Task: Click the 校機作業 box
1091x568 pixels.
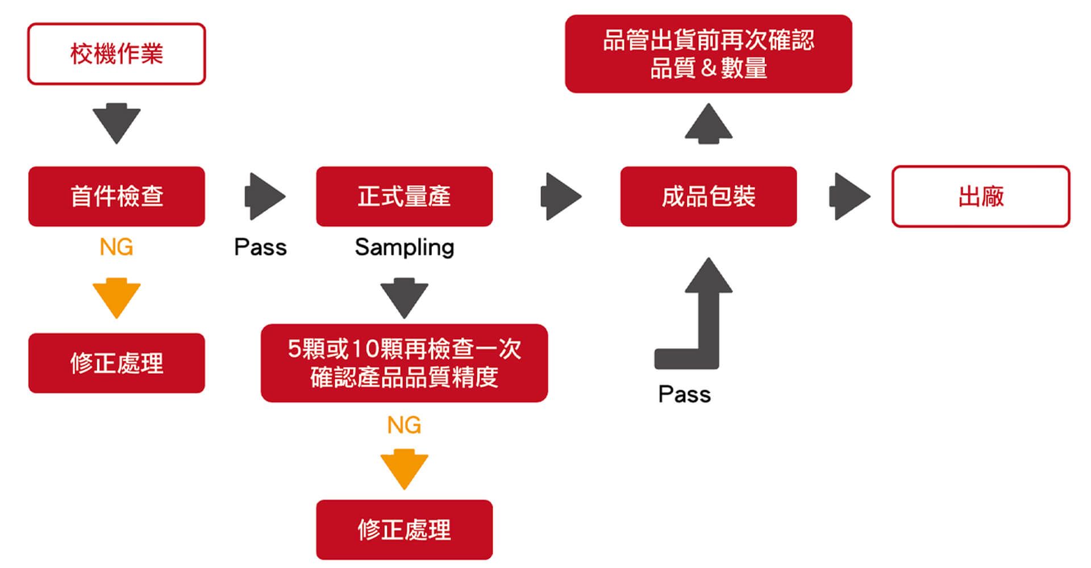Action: coord(116,54)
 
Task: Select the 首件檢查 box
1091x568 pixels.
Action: coord(116,197)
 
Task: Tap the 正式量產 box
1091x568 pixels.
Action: coord(404,197)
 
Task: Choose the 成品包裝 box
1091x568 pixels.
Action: coord(708,197)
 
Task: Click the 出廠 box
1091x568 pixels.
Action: coord(981,197)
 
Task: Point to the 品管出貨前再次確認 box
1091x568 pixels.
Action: coord(708,54)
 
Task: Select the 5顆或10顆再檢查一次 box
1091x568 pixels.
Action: coord(404,363)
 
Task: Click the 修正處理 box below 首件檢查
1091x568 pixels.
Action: coord(116,363)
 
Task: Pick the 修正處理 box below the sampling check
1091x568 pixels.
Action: coord(404,529)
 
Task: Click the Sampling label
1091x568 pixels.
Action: coord(404,247)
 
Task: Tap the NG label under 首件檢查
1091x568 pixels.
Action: coord(116,247)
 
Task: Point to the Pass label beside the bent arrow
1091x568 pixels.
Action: coord(684,394)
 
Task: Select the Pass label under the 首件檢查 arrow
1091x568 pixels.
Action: coord(260,247)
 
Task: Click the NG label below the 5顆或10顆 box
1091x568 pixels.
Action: coord(404,425)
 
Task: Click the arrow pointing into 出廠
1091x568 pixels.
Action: coord(849,197)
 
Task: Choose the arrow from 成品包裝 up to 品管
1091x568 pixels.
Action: coord(708,123)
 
